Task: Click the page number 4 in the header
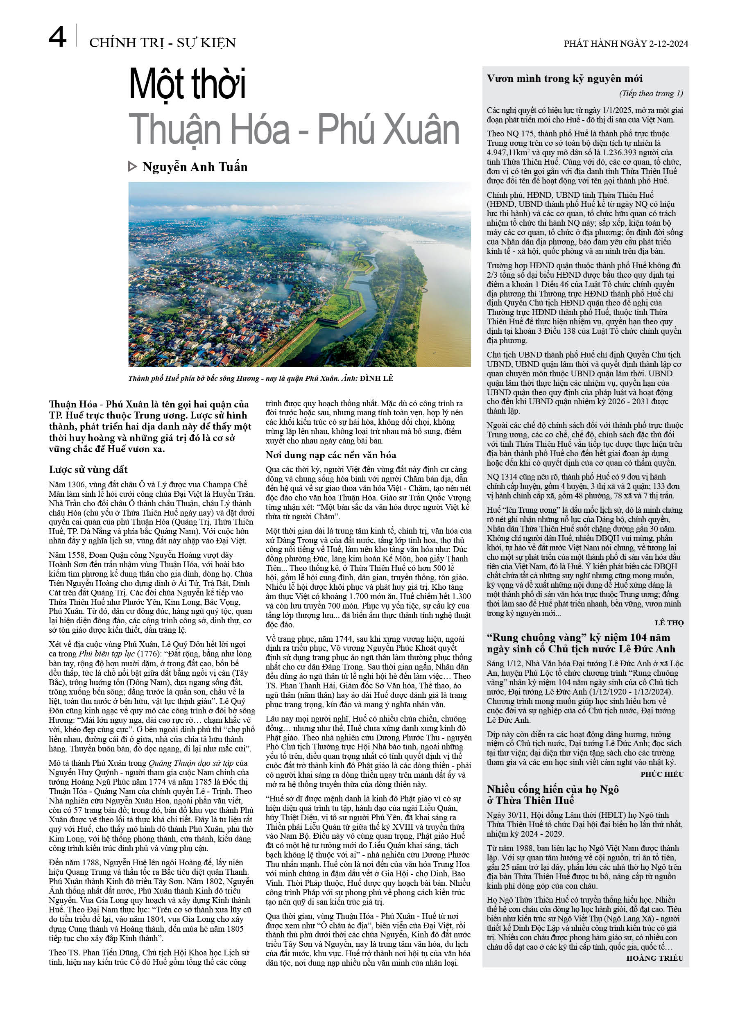pos(57,37)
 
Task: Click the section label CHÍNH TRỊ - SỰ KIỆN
pos(162,43)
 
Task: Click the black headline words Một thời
pos(187,84)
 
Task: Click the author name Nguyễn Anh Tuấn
pos(195,167)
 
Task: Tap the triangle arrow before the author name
pos(132,167)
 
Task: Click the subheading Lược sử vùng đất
pos(88,469)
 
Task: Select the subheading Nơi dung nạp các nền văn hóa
pos(331,455)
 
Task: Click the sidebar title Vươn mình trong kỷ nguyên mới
pos(565,79)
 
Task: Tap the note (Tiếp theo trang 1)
pos(651,93)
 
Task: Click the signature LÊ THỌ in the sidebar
pos(669,623)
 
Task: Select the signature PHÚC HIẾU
pos(662,774)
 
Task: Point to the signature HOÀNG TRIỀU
pos(654,958)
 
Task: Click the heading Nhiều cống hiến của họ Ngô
pos(553,789)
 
